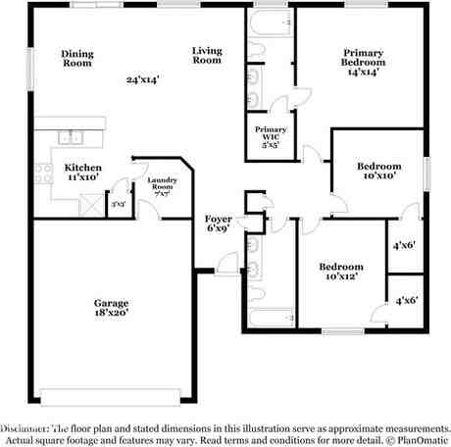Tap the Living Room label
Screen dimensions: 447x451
pyautogui.click(x=206, y=55)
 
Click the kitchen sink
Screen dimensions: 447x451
pyautogui.click(x=72, y=136)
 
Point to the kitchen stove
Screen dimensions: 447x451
pyautogui.click(x=43, y=174)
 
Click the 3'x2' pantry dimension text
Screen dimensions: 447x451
pyautogui.click(x=119, y=204)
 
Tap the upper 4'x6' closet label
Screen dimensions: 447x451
pyautogui.click(x=404, y=246)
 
